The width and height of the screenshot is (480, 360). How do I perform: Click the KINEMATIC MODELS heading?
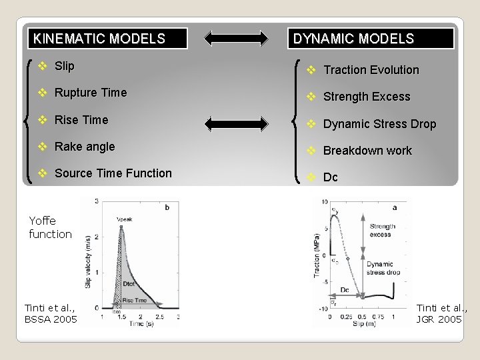click(99, 39)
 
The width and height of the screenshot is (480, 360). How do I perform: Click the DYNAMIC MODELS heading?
click(353, 39)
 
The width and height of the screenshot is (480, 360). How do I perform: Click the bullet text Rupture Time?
click(90, 93)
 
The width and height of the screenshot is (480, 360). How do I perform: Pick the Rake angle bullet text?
click(85, 147)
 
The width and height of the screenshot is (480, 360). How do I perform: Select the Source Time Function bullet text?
click(113, 173)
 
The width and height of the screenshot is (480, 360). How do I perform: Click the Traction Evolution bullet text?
click(371, 70)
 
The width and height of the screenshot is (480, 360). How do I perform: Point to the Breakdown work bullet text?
click(367, 151)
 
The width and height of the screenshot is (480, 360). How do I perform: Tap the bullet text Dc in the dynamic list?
click(330, 177)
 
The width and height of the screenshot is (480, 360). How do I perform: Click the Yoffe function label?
click(50, 227)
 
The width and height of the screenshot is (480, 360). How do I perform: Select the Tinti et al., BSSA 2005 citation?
click(51, 313)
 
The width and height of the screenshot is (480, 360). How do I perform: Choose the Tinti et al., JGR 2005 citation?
click(441, 313)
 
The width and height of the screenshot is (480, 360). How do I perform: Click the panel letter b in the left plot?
click(167, 207)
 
